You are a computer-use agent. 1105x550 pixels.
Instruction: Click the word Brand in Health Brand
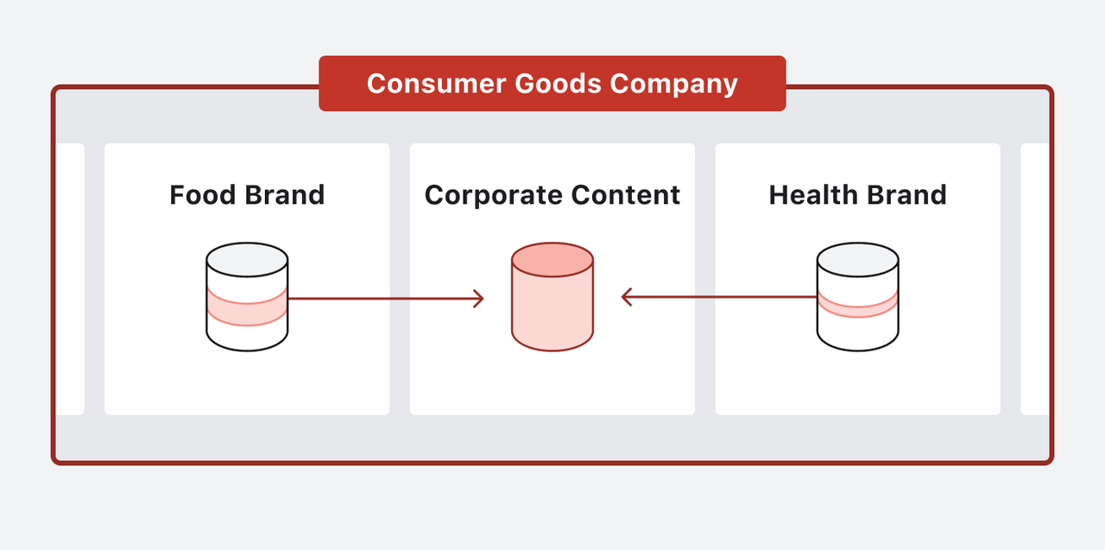point(906,194)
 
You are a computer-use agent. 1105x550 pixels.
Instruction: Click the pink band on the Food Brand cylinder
point(247,307)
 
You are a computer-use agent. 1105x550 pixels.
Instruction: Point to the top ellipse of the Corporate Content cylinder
point(552,260)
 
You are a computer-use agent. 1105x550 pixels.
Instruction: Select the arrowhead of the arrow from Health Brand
point(628,298)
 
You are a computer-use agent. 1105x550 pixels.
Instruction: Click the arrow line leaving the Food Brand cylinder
point(380,299)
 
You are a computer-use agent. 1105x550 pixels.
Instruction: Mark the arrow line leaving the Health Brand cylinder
point(725,298)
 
